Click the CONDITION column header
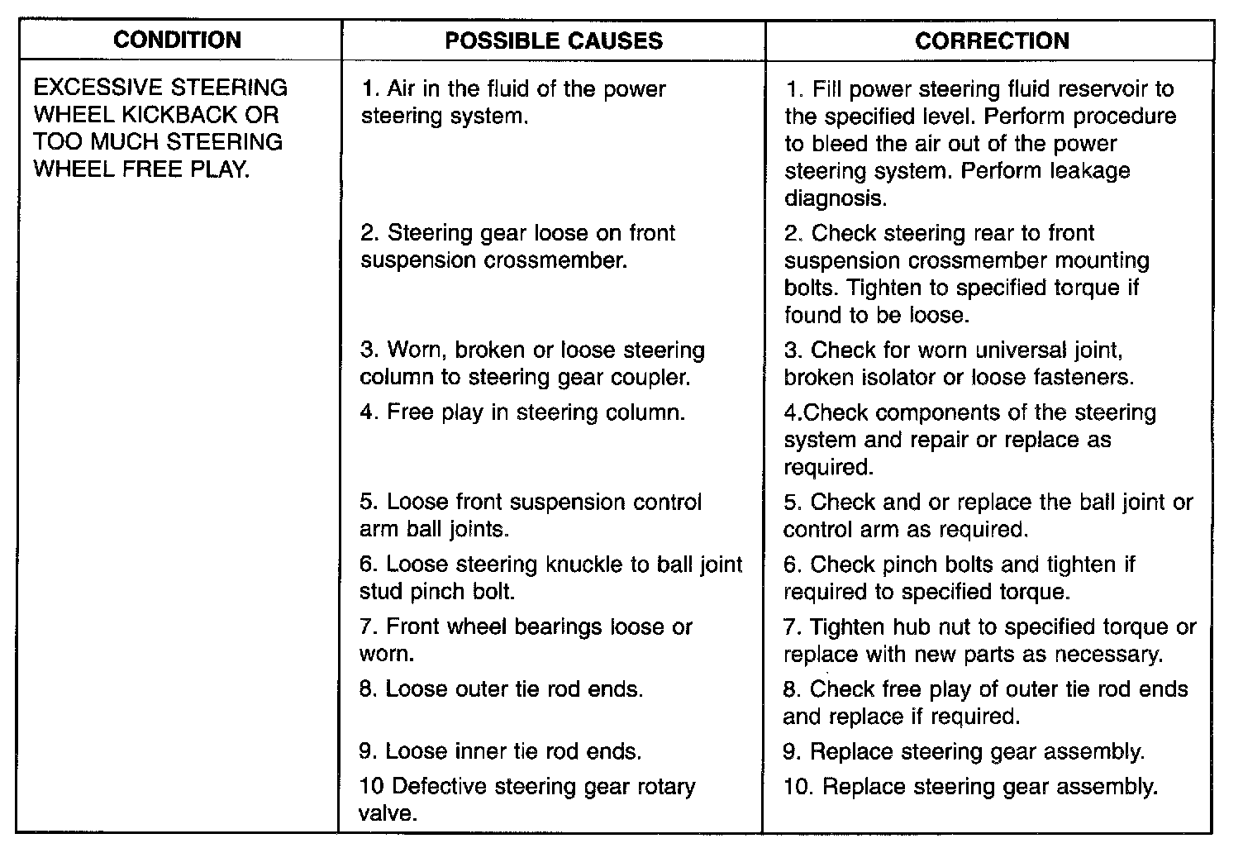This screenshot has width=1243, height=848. click(178, 40)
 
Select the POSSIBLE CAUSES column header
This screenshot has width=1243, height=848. click(554, 41)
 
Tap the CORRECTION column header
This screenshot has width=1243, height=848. click(992, 41)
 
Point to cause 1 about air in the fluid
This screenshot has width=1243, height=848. click(513, 102)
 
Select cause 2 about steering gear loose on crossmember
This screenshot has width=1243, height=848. click(518, 246)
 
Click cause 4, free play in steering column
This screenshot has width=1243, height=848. click(522, 412)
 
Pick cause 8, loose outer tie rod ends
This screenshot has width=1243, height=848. click(502, 688)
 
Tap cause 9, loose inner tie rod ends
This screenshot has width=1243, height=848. click(501, 751)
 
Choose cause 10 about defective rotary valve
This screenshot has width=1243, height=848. click(527, 798)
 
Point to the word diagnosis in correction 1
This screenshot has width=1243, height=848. click(834, 198)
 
